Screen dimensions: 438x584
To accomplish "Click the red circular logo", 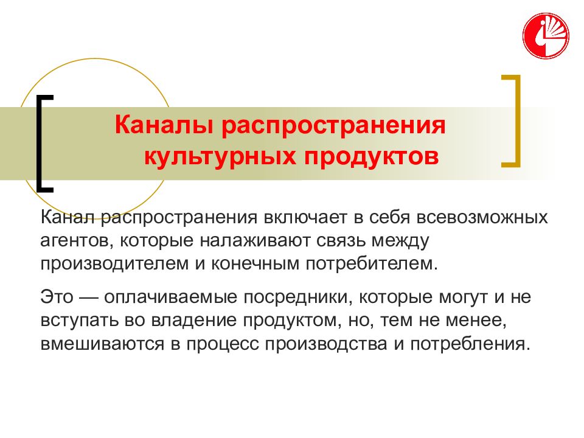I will pyautogui.click(x=546, y=36).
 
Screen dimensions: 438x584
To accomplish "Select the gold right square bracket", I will pyautogui.click(x=513, y=120).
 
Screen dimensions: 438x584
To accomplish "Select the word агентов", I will pyautogui.click(x=74, y=241).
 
